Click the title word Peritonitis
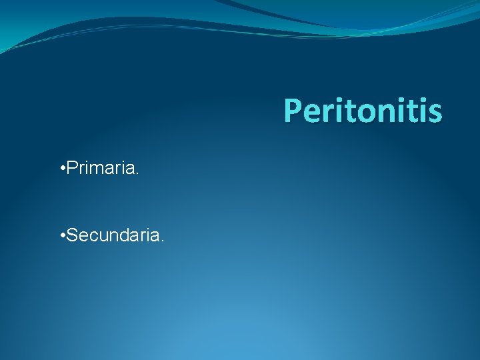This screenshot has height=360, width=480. tap(363, 111)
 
